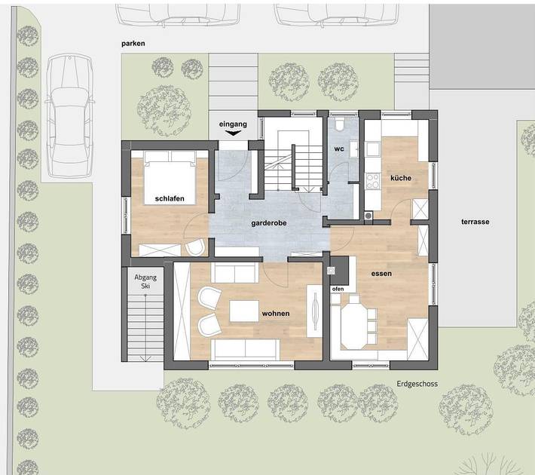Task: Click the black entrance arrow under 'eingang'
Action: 234,133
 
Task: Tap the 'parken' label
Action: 133,44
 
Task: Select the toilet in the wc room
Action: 339,124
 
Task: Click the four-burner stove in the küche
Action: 373,181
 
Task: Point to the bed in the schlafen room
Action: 170,178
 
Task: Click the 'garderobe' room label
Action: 269,223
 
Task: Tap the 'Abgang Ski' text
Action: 145,281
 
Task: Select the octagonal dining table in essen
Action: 355,326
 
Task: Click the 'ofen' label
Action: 338,289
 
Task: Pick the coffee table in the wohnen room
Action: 244,311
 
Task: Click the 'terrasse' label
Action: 475,222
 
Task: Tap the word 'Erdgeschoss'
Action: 417,384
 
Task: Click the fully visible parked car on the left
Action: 69,115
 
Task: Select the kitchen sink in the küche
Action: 373,149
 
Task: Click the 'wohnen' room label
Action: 276,314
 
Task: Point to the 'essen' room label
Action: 381,274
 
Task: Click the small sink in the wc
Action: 354,149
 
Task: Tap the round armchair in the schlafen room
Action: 195,247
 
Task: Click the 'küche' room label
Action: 401,178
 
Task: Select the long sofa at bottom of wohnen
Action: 246,349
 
